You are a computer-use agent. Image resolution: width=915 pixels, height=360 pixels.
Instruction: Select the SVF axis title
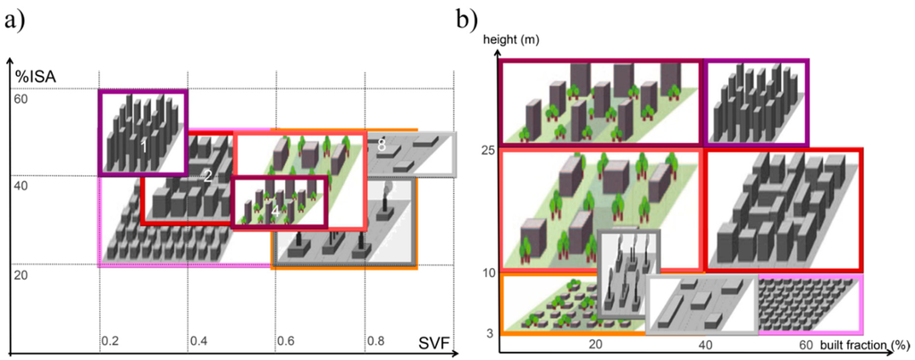(x=435, y=343)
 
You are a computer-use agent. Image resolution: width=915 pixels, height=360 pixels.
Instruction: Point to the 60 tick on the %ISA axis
(x=21, y=98)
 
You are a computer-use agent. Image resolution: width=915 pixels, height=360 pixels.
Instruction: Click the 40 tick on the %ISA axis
(x=21, y=186)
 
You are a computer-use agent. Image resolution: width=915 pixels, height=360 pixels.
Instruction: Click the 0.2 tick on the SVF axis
(x=110, y=341)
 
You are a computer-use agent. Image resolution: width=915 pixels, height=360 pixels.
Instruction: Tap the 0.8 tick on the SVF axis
(x=375, y=341)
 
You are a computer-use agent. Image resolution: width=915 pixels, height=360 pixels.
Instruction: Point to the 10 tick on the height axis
(x=488, y=272)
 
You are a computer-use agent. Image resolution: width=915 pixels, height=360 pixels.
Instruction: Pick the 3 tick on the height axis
(x=491, y=332)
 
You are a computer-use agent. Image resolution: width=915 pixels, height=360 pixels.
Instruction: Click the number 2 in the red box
(x=207, y=176)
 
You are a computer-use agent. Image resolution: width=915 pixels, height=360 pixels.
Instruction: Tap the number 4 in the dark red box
(x=276, y=210)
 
